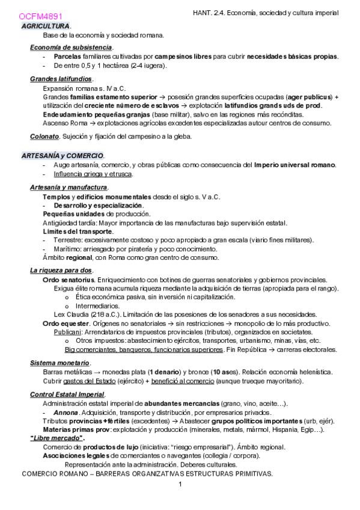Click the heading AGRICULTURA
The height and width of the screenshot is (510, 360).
click(x=45, y=26)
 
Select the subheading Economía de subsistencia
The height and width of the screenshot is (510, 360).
click(x=71, y=48)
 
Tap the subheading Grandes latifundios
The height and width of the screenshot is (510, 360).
click(x=61, y=79)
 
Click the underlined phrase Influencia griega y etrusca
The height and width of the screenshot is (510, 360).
click(x=93, y=174)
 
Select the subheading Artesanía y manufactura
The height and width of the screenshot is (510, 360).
click(x=68, y=188)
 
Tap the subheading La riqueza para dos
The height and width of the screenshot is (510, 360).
click(x=61, y=271)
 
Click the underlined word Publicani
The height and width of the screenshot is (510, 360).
click(x=67, y=331)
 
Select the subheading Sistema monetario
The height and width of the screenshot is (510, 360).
click(x=59, y=363)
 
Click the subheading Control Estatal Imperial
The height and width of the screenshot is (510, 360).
click(x=67, y=395)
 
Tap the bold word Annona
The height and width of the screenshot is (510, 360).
click(x=66, y=413)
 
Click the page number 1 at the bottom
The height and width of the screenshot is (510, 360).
click(x=179, y=484)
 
